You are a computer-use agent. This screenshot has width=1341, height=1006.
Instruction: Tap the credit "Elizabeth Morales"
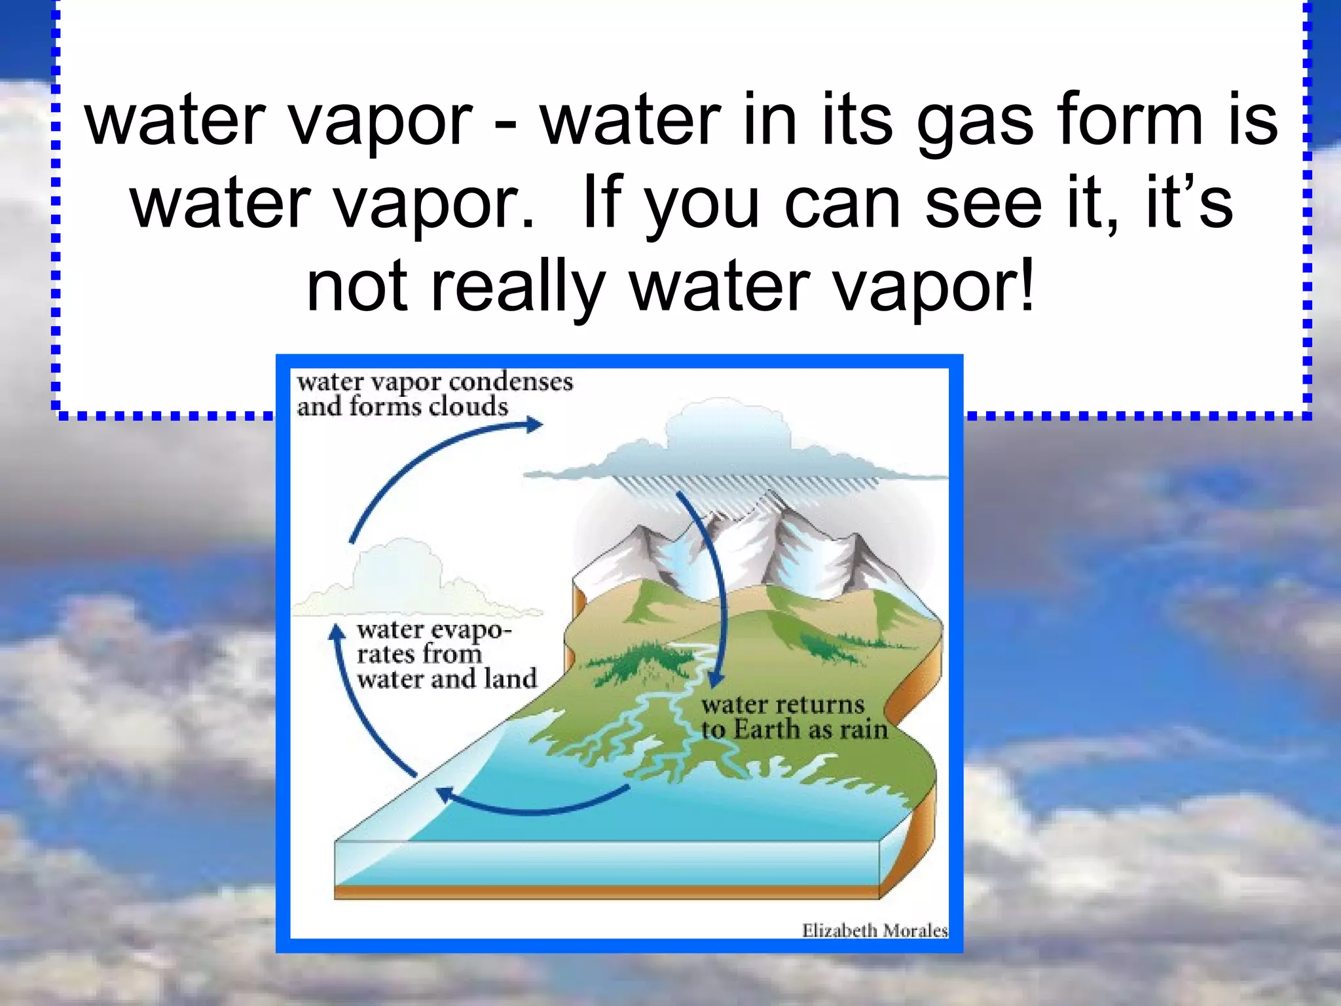[x=875, y=930]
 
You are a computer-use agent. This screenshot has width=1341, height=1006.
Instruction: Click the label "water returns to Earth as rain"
[x=794, y=717]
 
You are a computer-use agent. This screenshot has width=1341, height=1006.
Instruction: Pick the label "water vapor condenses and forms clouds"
[x=435, y=394]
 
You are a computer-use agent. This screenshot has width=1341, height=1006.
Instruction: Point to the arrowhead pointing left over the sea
[x=445, y=794]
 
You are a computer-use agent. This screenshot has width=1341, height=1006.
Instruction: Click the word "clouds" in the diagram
[x=468, y=407]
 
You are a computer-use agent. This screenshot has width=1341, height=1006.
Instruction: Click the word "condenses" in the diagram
[x=511, y=381]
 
